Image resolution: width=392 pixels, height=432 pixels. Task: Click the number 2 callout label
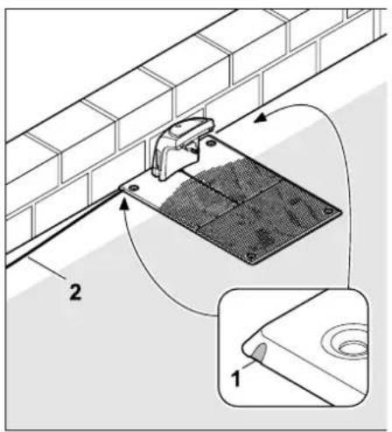[x=75, y=293]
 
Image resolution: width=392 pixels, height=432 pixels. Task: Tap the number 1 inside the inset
[x=236, y=379]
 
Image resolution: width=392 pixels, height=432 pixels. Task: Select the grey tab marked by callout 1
[x=260, y=351]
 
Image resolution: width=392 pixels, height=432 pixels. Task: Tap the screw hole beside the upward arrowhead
[x=133, y=188]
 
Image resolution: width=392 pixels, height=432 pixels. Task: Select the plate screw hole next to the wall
[x=210, y=143]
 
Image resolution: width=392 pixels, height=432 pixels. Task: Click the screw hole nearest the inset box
[x=251, y=256]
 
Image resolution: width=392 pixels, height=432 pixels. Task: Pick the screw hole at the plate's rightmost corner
[x=328, y=210]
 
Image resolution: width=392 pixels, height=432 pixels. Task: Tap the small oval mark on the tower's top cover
[x=180, y=127]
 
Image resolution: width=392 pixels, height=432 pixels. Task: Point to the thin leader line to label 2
[x=46, y=267]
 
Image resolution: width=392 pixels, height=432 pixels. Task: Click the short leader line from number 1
[x=248, y=365]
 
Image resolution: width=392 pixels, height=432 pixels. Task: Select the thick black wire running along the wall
[x=61, y=229]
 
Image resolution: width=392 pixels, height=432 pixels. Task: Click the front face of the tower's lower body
[x=173, y=164]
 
